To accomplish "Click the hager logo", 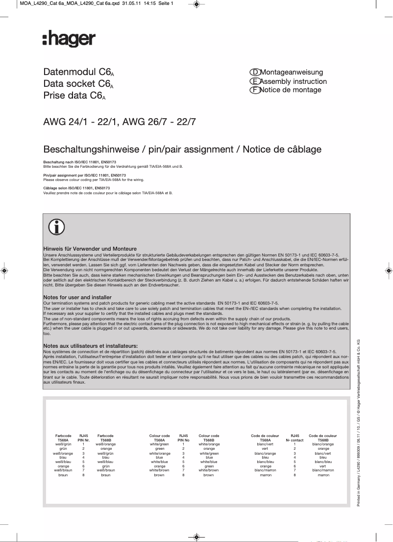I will (x=69, y=39).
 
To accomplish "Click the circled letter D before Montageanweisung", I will (x=254, y=72).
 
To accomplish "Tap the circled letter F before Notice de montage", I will (x=254, y=90).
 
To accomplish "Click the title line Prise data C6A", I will (x=74, y=96).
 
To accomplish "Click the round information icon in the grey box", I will (x=56, y=228).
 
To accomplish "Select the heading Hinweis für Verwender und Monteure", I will (x=90, y=249).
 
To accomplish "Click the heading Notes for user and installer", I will (x=77, y=298).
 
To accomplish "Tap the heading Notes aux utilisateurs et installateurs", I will (x=90, y=346).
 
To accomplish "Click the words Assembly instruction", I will (x=293, y=81).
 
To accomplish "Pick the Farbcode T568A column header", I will (x=63, y=438).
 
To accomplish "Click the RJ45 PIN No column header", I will (x=183, y=438).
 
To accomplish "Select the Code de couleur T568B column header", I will (x=323, y=438).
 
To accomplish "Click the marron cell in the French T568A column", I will (x=266, y=475).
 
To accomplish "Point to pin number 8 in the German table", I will (x=84, y=475).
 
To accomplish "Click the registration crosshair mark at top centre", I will (x=196, y=4).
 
